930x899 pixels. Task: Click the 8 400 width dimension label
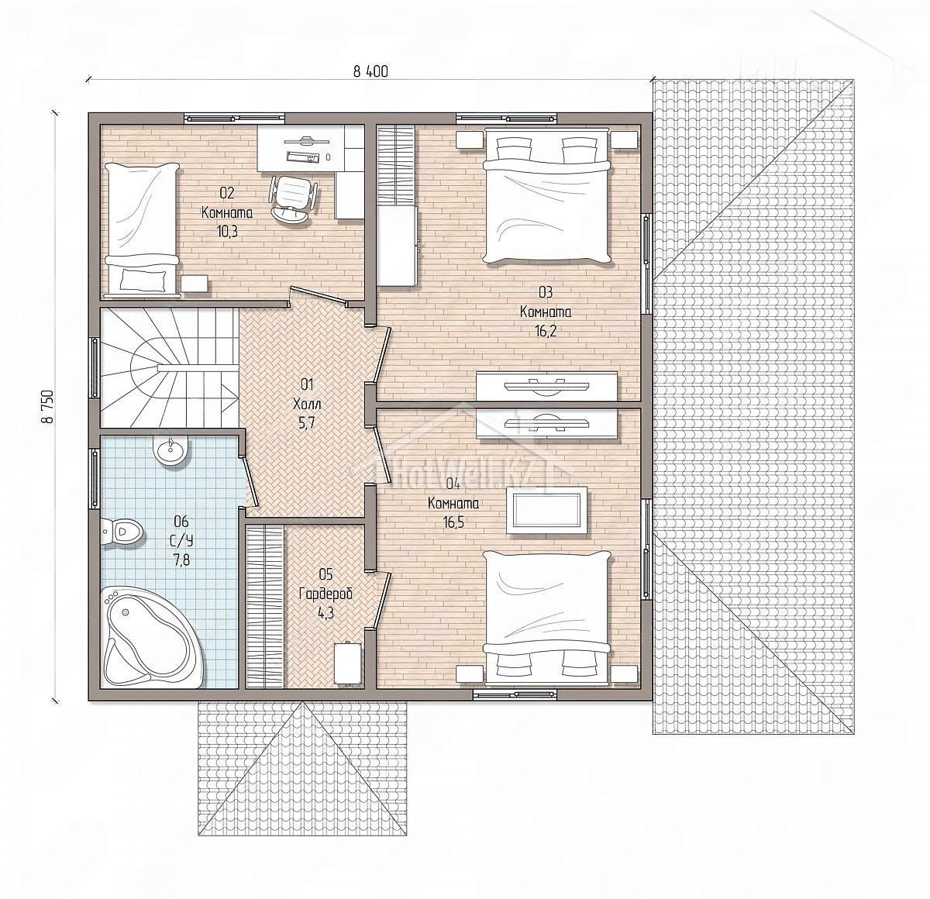(370, 72)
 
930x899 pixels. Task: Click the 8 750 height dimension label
(47, 407)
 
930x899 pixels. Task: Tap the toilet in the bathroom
(122, 531)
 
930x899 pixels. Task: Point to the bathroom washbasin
(170, 450)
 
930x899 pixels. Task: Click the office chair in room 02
(292, 198)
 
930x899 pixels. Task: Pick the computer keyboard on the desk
(302, 157)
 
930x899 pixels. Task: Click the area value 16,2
(546, 331)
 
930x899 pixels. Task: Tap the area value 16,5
(453, 522)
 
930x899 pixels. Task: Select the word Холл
(307, 405)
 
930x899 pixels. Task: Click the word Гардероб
(325, 594)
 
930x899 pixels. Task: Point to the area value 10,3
(227, 232)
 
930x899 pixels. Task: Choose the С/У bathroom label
(181, 540)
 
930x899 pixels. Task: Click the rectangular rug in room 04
(546, 511)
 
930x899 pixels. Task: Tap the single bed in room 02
(142, 229)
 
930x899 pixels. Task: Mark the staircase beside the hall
(170, 367)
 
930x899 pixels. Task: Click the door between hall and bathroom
(250, 481)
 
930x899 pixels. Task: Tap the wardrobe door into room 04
(382, 599)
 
